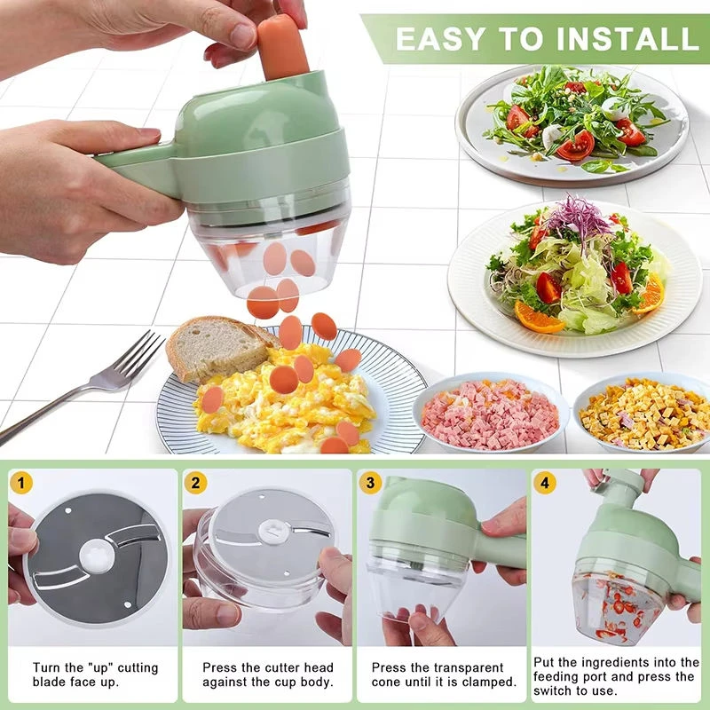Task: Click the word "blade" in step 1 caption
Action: (x=50, y=682)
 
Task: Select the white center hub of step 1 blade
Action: (x=95, y=556)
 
